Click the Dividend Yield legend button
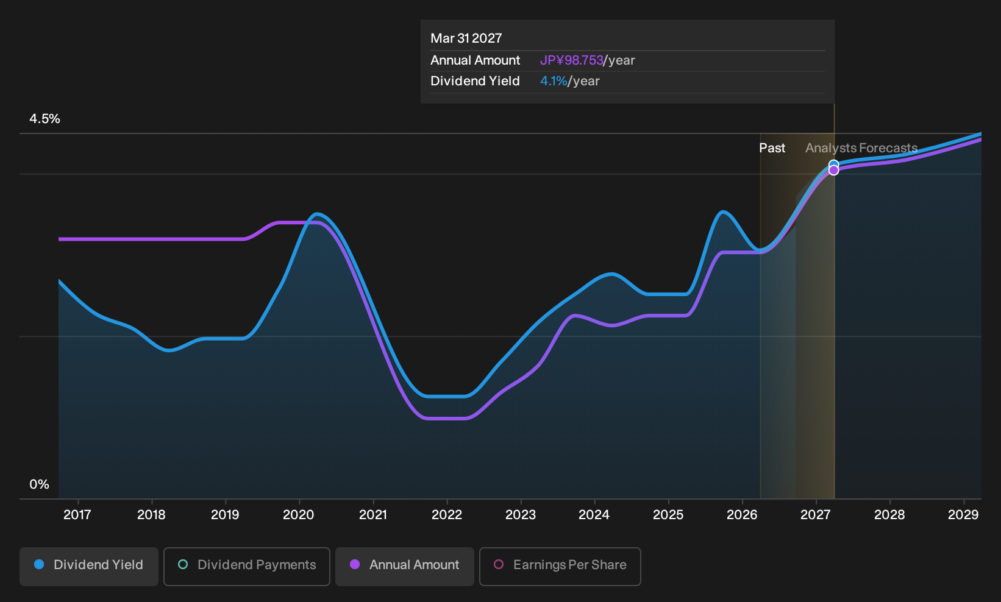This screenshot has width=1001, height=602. pos(89,566)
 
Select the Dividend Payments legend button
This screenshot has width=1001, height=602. pos(247,566)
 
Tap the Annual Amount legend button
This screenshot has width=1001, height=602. pos(404,566)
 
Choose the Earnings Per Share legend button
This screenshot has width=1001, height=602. pos(560,566)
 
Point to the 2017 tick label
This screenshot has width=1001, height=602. pos(77,515)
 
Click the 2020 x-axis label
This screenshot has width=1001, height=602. pos(299,515)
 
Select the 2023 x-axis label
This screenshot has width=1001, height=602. pos(521,515)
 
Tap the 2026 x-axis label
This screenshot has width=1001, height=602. pos(742,515)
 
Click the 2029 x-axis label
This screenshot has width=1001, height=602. pos(963,515)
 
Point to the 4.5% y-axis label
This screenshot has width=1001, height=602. pos(45,119)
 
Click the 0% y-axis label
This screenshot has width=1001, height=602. pos(40,484)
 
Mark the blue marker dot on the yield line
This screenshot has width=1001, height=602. pos(833,165)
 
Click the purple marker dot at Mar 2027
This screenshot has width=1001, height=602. pos(833,170)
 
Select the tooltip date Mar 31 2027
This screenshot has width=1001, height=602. pos(466,38)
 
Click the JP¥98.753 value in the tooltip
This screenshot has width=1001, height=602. pos(572,60)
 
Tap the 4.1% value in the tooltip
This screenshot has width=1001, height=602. pos(554,81)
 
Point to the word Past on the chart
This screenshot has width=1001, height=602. pos(772,148)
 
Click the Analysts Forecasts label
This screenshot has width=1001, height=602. pos(861,148)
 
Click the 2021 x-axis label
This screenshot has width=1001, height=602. pos(373,515)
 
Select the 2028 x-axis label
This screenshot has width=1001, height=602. pos(889,515)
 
